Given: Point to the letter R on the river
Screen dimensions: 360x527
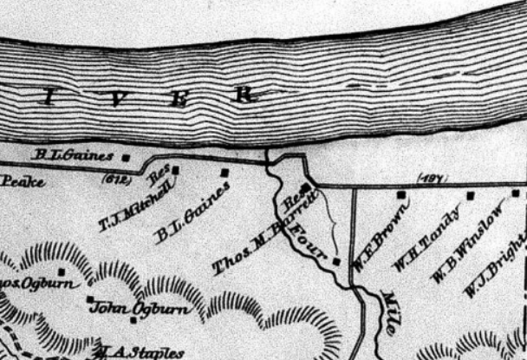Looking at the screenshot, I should coord(246,94).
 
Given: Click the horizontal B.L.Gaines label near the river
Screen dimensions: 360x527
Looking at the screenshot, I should coord(73,156).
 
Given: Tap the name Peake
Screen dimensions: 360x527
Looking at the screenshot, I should coord(17,181).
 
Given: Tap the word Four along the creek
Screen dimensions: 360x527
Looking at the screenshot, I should coord(309,241).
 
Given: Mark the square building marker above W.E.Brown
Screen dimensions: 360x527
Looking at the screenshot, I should coord(400,195).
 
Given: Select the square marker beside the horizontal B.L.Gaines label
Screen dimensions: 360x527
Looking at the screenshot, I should coord(126,157).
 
